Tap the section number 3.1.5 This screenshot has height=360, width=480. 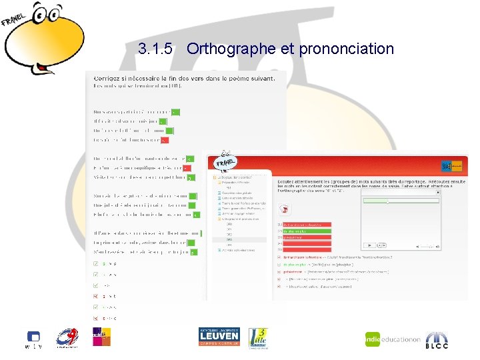point(156,49)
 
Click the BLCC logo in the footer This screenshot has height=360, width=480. point(437,339)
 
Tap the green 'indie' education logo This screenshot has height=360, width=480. point(392,339)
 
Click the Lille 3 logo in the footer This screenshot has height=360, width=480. point(258,337)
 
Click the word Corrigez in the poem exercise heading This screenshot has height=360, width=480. point(110,78)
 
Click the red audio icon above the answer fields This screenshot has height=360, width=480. point(285,209)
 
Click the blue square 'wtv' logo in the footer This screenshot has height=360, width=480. point(33,337)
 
